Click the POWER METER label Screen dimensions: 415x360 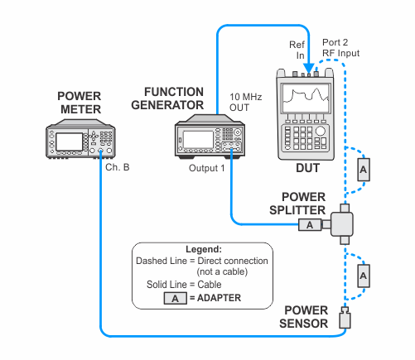[80, 103]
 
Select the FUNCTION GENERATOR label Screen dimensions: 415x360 [167, 98]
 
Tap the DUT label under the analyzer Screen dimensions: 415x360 [307, 168]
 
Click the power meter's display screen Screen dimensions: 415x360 [70, 142]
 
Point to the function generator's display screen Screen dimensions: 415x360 [198, 140]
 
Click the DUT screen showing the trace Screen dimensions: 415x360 [306, 98]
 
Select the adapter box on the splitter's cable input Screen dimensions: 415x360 [310, 225]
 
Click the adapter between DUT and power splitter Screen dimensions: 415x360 [364, 170]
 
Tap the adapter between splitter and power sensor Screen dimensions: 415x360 [364, 276]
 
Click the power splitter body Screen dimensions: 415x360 [342, 224]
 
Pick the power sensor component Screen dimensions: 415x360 [345, 318]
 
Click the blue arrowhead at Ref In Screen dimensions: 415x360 [308, 68]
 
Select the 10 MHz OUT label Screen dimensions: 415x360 [245, 102]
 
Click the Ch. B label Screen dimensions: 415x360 [118, 167]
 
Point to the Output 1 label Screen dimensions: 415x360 [206, 168]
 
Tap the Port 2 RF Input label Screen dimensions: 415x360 [340, 47]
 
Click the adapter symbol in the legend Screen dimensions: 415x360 [175, 299]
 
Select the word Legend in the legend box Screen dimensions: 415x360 [204, 249]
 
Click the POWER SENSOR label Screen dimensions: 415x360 [303, 317]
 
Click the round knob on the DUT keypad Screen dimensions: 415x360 [321, 131]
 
